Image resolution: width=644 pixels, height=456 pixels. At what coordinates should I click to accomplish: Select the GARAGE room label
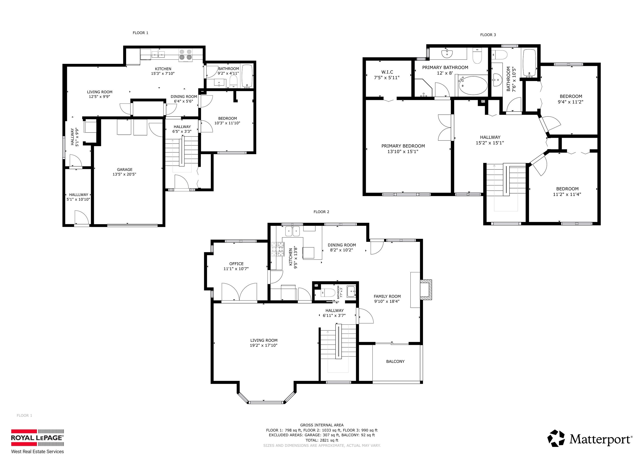click(125, 170)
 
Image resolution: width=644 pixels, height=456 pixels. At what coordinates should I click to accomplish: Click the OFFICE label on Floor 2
click(236, 264)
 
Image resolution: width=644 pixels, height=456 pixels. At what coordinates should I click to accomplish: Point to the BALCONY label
click(395, 361)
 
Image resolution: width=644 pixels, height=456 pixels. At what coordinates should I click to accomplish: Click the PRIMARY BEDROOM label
click(403, 146)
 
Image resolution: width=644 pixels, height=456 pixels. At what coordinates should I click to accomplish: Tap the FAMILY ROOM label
click(387, 296)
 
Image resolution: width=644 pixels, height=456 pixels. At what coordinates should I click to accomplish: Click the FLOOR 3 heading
click(488, 35)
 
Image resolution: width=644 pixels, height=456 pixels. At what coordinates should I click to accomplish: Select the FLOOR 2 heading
click(321, 212)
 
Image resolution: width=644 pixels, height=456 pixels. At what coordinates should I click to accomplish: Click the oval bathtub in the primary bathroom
click(473, 86)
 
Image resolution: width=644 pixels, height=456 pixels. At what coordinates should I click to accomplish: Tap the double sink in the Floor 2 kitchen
click(293, 231)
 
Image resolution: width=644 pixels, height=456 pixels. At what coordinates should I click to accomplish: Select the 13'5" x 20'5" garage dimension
click(125, 174)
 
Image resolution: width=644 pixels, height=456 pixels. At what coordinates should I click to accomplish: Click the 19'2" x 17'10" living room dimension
click(264, 345)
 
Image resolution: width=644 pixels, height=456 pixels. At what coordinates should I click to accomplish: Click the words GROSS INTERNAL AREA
click(322, 425)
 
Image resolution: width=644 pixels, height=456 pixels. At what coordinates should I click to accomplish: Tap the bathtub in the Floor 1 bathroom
click(247, 76)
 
